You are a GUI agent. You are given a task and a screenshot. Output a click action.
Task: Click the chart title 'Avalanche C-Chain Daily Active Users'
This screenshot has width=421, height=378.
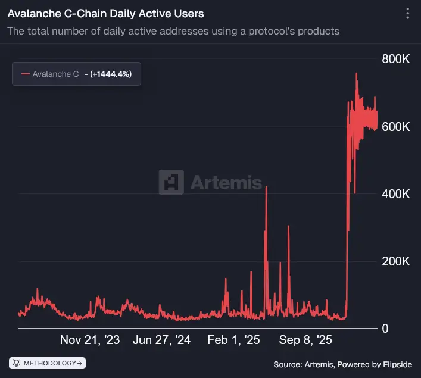point(105,13)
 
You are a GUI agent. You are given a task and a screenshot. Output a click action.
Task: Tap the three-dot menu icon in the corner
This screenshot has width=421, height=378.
point(407,14)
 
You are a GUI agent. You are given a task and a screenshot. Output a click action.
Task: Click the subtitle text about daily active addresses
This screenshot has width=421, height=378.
point(173,31)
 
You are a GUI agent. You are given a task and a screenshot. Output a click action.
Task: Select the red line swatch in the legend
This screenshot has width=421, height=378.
point(25,74)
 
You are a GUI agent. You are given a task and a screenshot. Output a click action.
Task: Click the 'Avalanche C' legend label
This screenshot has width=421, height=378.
point(55,74)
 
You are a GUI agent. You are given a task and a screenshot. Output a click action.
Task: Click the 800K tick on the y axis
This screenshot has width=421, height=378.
point(395,60)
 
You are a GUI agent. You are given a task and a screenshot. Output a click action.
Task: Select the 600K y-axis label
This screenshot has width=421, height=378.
point(395,127)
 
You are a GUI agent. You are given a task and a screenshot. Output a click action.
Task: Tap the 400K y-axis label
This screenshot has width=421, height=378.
point(395,194)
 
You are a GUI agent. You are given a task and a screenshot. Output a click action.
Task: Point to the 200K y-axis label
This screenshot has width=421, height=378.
point(395,261)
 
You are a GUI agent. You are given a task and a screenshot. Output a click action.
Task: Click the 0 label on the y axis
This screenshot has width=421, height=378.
point(385,329)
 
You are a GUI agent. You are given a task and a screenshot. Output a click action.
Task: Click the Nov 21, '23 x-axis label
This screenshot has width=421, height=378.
point(90,340)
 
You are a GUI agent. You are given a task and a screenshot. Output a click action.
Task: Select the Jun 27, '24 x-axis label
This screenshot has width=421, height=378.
point(161,340)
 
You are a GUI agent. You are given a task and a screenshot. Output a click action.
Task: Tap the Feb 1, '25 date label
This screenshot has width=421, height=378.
point(233,340)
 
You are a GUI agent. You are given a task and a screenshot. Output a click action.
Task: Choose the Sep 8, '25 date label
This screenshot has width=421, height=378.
point(305,340)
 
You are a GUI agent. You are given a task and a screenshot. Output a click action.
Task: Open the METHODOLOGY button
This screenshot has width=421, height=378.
point(48,363)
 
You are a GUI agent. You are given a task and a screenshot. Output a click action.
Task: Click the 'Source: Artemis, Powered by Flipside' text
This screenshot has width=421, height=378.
point(343,364)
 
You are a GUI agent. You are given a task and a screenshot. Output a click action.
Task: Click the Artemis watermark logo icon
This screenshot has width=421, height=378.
point(171,182)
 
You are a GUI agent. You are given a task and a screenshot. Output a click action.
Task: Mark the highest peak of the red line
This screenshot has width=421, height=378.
point(356,73)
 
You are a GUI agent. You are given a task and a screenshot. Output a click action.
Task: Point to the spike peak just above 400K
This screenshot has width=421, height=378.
point(266,187)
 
